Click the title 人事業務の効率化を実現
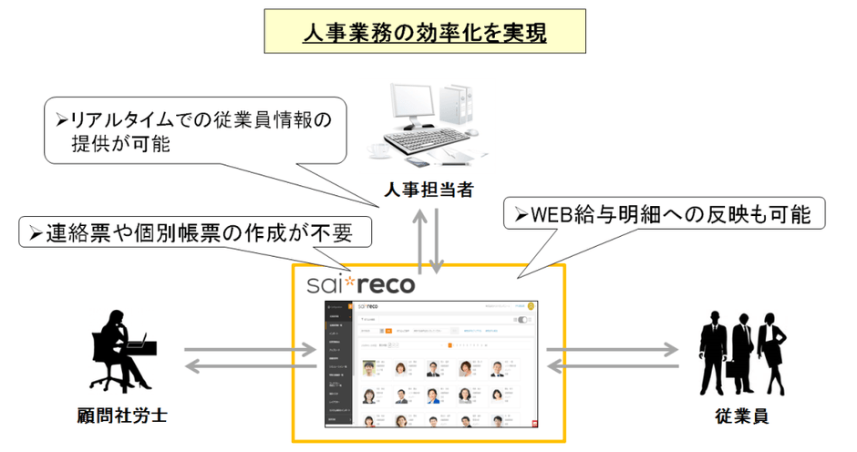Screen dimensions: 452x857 coord(425,34)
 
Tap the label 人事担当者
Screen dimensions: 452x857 coord(427,190)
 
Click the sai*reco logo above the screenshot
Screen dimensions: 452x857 coord(362,283)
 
